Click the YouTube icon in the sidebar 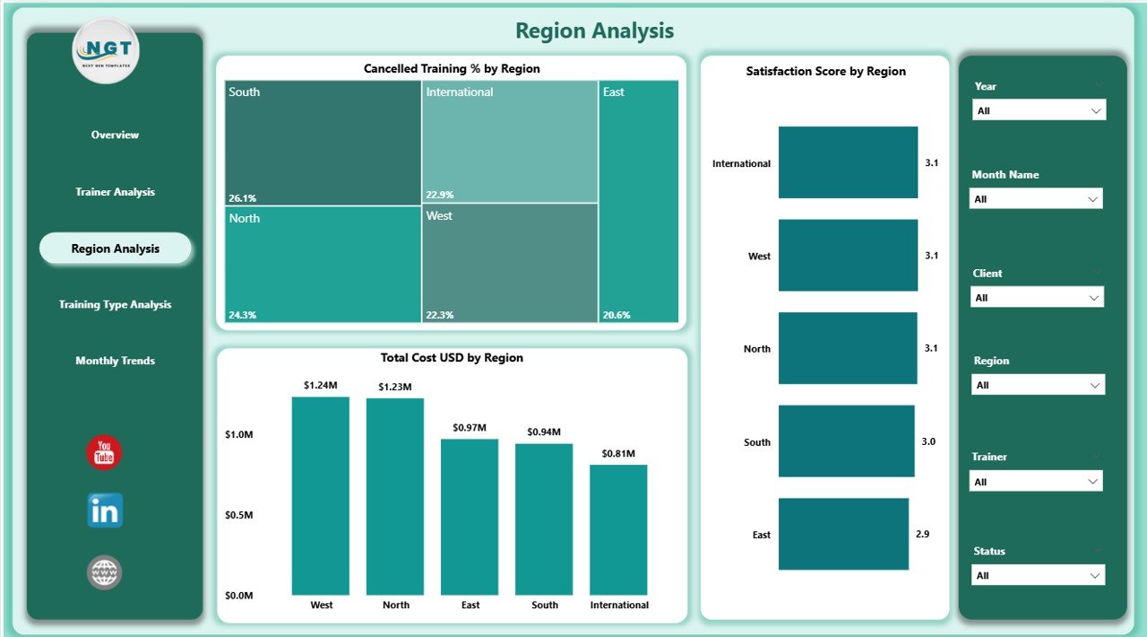(104, 452)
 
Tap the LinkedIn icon (105, 510)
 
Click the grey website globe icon (105, 572)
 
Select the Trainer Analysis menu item (115, 192)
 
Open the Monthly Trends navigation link (115, 361)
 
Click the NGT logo (106, 51)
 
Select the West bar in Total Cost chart (321, 495)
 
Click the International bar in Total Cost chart (618, 529)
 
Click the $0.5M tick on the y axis (238, 515)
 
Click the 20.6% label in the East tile (616, 315)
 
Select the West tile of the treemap (509, 262)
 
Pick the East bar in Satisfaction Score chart (843, 534)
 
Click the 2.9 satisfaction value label (922, 534)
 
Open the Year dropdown (1039, 110)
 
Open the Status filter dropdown (1038, 575)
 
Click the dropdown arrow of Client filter (1093, 297)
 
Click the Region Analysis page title (594, 31)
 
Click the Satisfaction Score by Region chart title (825, 71)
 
